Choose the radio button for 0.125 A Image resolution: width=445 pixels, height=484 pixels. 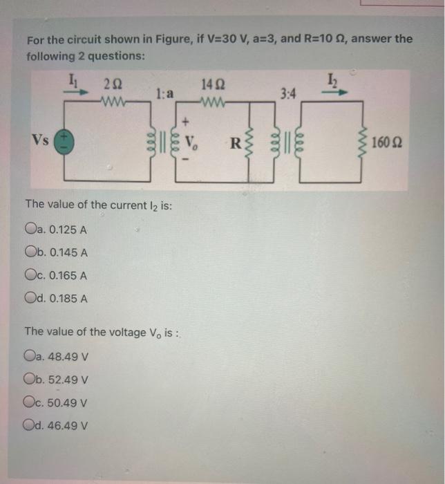point(30,230)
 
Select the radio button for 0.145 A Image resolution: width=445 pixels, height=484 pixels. point(30,252)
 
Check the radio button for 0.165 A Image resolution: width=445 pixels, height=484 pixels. point(30,275)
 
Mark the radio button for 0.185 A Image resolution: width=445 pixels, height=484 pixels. point(30,299)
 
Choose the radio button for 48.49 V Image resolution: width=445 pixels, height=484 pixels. point(30,357)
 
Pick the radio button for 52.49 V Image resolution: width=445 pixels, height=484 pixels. point(30,380)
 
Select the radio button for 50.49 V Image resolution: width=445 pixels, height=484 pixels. point(30,402)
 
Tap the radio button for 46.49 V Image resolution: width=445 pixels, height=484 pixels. point(30,425)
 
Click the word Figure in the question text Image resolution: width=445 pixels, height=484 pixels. point(176,39)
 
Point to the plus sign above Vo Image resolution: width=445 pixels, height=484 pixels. point(187,127)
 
